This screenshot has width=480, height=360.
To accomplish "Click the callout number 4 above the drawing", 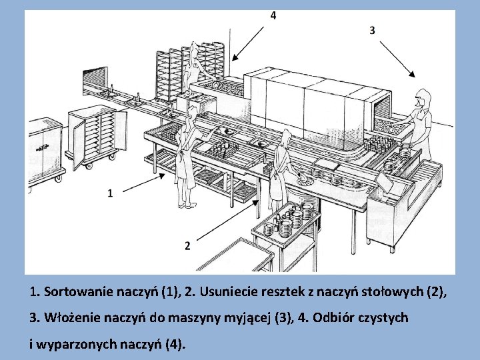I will coord(273,15).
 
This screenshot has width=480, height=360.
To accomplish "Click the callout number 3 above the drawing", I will coord(372,30).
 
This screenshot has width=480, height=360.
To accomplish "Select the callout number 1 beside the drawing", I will coord(109,193).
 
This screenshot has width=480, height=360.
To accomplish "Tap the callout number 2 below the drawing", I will coord(187,245).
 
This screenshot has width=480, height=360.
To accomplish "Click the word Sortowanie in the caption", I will coord(74,292).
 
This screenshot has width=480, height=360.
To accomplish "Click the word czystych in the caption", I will coord(383,319).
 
